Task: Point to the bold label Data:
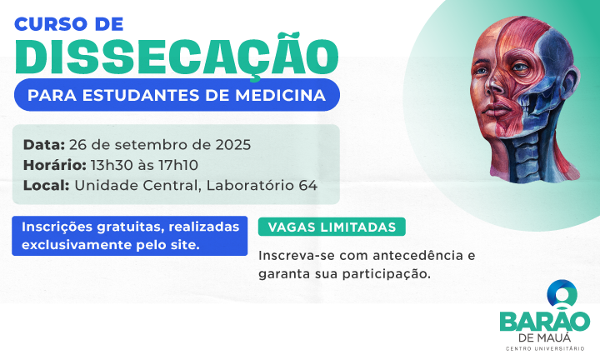coord(44,144)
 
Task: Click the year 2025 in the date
coord(231,144)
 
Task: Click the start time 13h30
coord(112,164)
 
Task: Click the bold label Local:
coord(46,185)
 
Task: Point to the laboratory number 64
coord(307,185)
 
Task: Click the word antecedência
coord(413,255)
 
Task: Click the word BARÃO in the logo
coord(544,321)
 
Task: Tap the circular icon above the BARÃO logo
coord(560,292)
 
